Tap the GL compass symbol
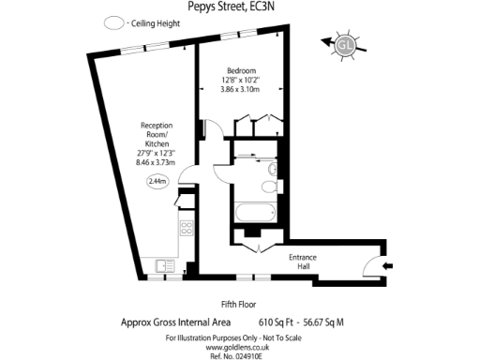(x=345, y=42)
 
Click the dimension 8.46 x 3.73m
(x=157, y=162)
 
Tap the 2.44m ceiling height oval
(x=157, y=182)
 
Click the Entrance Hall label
(x=302, y=262)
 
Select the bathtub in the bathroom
(x=255, y=211)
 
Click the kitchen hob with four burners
(x=186, y=227)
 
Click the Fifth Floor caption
(x=240, y=303)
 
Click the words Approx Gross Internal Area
(x=176, y=322)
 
